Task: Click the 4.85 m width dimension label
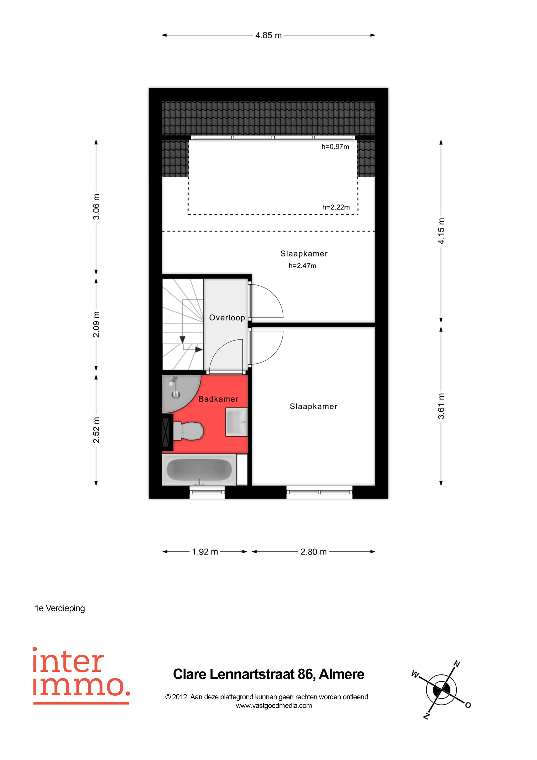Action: click(268, 35)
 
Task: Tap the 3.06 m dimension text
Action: click(96, 207)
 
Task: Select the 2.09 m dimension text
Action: click(96, 324)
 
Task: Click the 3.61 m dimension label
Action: click(441, 406)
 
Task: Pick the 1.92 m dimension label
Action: click(205, 552)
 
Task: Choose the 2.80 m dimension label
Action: click(313, 552)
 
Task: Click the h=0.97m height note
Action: click(335, 147)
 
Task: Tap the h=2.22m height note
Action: click(336, 207)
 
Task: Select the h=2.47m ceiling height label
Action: click(302, 265)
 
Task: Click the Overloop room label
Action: click(227, 318)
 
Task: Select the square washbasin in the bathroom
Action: click(236, 422)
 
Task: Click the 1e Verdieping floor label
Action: click(60, 608)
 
